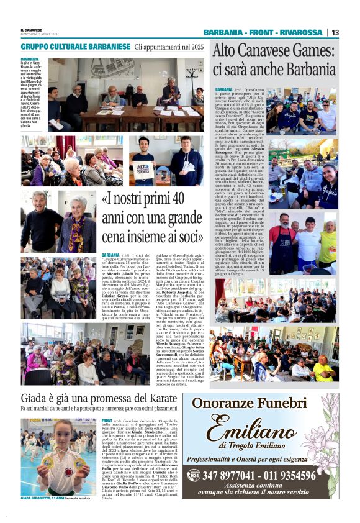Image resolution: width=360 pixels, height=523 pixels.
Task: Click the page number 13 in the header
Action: (x=335, y=32)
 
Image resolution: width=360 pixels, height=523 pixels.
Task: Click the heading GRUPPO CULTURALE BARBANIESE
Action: (x=76, y=47)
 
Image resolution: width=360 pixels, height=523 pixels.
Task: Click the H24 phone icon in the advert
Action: (x=193, y=476)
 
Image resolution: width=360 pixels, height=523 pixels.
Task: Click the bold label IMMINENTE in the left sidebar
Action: (x=29, y=59)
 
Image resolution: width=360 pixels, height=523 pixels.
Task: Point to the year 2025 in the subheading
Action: (x=196, y=47)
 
